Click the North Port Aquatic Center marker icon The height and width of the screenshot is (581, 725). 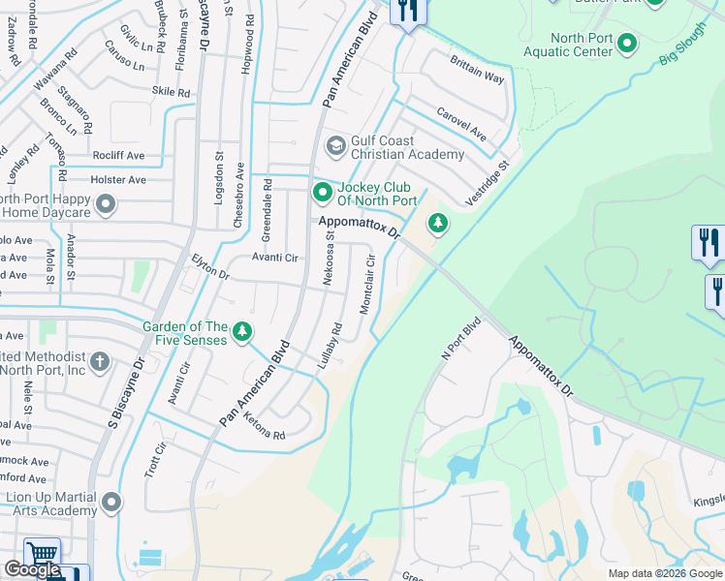pyautogui.click(x=627, y=43)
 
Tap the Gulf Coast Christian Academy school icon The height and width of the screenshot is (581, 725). pyautogui.click(x=336, y=146)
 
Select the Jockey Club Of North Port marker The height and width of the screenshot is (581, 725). pyautogui.click(x=322, y=194)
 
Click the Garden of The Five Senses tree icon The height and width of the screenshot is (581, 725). pyautogui.click(x=242, y=332)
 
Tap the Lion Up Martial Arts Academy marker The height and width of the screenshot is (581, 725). pyautogui.click(x=111, y=503)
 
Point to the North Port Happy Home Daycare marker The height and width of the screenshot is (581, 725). pyautogui.click(x=106, y=204)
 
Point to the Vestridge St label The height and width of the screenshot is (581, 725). pyautogui.click(x=487, y=183)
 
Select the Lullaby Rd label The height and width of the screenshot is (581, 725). pyautogui.click(x=331, y=345)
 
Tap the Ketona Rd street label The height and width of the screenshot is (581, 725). pyautogui.click(x=265, y=430)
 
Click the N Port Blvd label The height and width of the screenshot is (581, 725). pyautogui.click(x=460, y=339)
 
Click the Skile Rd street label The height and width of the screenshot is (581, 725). pyautogui.click(x=171, y=92)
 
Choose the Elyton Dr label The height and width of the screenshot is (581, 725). pyautogui.click(x=210, y=267)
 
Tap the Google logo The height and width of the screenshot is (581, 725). pyautogui.click(x=32, y=569)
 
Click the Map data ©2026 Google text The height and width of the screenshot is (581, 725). pyautogui.click(x=665, y=572)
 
